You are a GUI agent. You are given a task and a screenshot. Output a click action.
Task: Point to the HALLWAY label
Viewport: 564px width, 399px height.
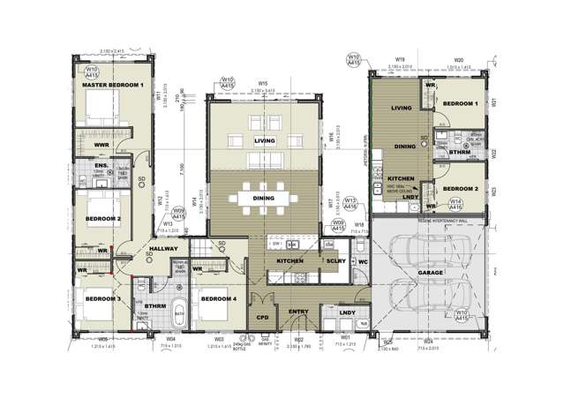point(165,251)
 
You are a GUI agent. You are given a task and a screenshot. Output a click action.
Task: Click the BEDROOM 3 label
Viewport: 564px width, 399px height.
point(103,299)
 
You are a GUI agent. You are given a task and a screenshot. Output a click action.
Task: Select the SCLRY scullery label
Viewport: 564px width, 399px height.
point(335,262)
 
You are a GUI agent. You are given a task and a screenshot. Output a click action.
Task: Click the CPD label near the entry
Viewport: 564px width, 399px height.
point(261,314)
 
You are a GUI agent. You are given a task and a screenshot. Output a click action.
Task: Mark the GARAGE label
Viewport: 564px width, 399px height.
point(431,274)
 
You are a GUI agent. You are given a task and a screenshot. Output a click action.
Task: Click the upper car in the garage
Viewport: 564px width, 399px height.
point(421,246)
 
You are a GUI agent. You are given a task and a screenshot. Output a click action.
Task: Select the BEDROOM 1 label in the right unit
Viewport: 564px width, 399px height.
point(460,103)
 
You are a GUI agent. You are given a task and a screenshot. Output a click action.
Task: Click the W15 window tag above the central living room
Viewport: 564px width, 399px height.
point(262,85)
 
